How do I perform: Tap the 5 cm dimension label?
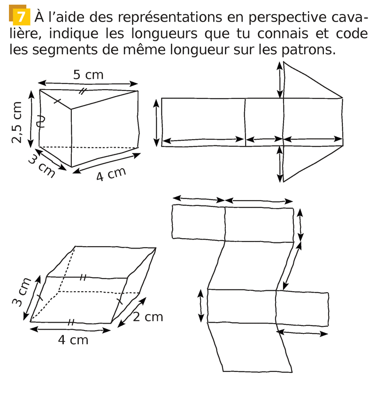(88, 75)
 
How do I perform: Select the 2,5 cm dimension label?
(16, 122)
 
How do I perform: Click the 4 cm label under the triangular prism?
(111, 174)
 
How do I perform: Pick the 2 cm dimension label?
(148, 317)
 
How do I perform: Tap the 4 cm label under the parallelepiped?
(73, 340)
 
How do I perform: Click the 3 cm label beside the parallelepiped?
(22, 292)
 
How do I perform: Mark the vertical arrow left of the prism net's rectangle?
(156, 123)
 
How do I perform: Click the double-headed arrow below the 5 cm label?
(88, 83)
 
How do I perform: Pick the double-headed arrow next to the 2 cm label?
(131, 312)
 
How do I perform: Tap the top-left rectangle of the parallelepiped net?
(199, 222)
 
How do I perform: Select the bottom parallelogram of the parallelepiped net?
(250, 347)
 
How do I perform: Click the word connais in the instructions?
(283, 34)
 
